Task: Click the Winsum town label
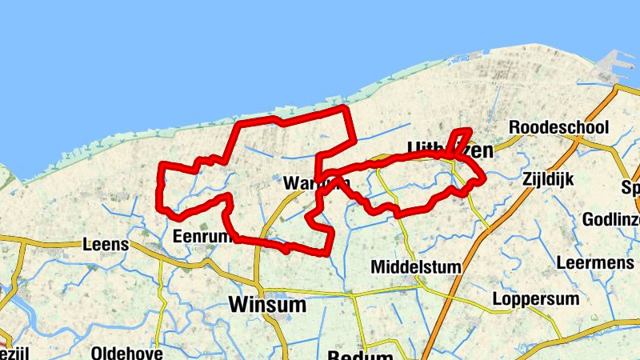point(266,305)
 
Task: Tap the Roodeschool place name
point(558,127)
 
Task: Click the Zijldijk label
point(549,179)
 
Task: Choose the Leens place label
point(106,245)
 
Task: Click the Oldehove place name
point(127,353)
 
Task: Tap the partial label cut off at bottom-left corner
point(10,354)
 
